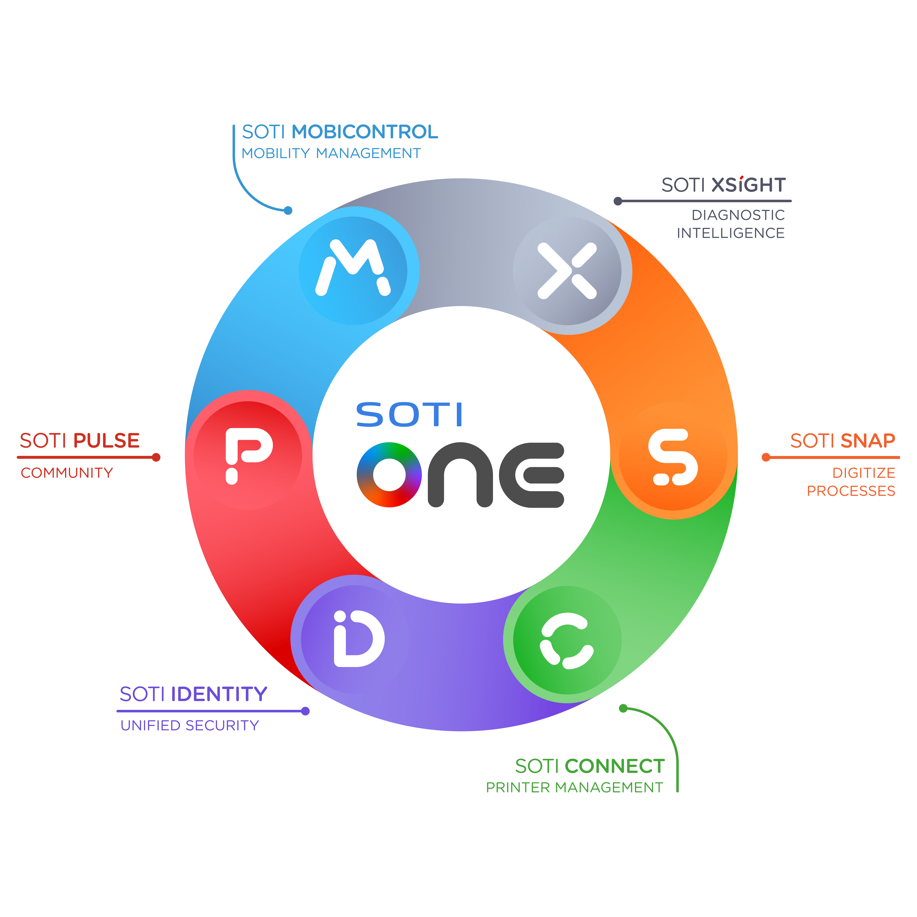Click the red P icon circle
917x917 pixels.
point(248,456)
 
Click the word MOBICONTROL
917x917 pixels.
point(364,132)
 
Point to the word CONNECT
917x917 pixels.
point(615,766)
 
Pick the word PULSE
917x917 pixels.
point(106,441)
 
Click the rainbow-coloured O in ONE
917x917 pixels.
point(389,475)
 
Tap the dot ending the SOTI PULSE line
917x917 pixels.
point(156,458)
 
